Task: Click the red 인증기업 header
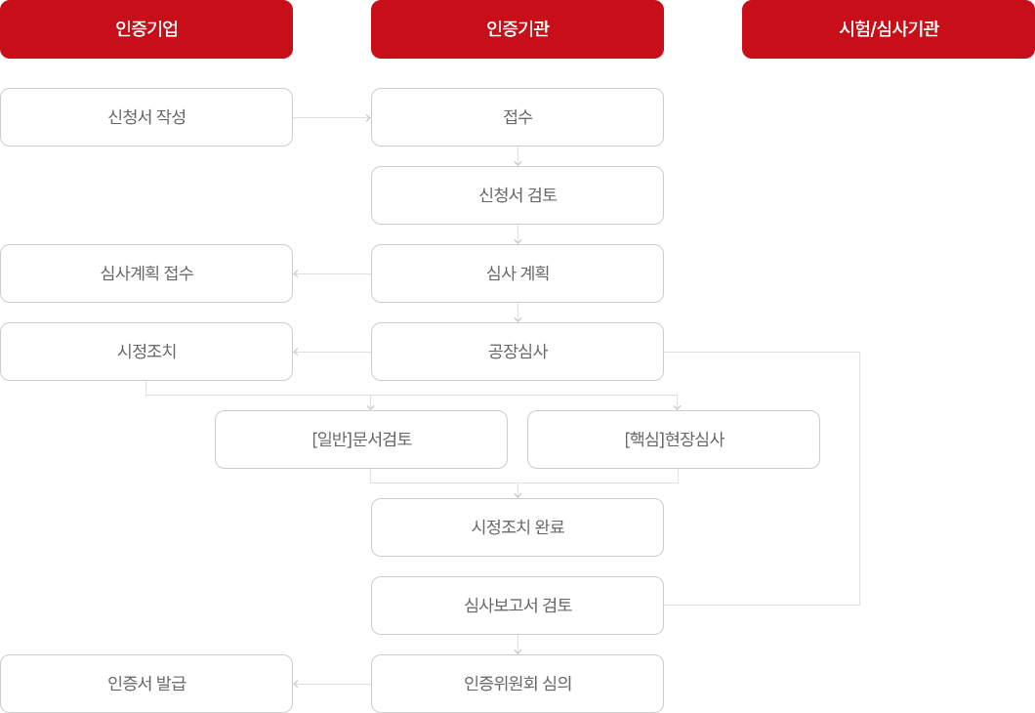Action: pyautogui.click(x=146, y=29)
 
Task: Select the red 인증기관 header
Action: pyautogui.click(x=517, y=29)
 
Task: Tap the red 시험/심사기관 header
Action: pyautogui.click(x=889, y=29)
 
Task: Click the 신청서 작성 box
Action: pyautogui.click(x=146, y=117)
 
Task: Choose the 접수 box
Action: pyautogui.click(x=517, y=117)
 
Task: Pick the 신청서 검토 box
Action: pyautogui.click(x=517, y=195)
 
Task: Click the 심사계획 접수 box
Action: pyautogui.click(x=146, y=273)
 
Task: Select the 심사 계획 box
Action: pyautogui.click(x=517, y=273)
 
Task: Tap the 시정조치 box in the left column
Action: pyautogui.click(x=146, y=352)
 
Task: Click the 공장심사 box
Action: pyautogui.click(x=517, y=352)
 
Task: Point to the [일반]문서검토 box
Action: pyautogui.click(x=361, y=440)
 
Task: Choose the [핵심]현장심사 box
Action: pyautogui.click(x=674, y=440)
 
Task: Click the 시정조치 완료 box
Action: pyautogui.click(x=517, y=527)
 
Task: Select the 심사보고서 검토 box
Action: pyautogui.click(x=517, y=606)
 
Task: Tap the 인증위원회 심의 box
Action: pyautogui.click(x=517, y=684)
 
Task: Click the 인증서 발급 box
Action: pyautogui.click(x=146, y=684)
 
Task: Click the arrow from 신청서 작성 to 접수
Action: pyautogui.click(x=332, y=117)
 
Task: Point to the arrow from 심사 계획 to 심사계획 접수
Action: pyautogui.click(x=332, y=273)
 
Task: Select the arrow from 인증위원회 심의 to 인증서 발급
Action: pyautogui.click(x=332, y=684)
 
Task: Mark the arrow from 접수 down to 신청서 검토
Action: pyautogui.click(x=517, y=156)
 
